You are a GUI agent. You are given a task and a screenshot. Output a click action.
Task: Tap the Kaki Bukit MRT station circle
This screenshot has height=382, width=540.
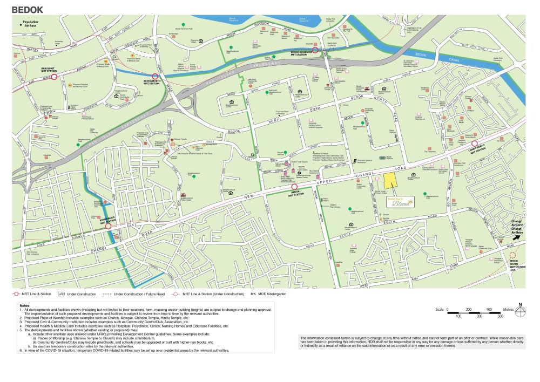click(x=53, y=77)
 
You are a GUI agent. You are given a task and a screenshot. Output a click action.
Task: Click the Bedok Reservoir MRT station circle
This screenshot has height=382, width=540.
click(x=314, y=51)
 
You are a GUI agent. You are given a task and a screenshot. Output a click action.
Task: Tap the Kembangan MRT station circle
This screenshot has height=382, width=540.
click(x=109, y=226)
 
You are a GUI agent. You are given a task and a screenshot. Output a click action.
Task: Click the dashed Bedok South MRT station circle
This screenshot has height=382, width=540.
click(x=512, y=255)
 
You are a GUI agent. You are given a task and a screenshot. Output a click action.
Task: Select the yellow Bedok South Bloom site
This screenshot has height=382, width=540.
click(x=392, y=182)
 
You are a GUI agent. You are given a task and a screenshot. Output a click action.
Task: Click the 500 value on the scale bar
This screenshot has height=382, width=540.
click(x=500, y=316)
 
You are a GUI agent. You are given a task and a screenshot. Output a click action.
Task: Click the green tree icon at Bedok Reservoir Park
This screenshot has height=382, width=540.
click(x=184, y=25)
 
